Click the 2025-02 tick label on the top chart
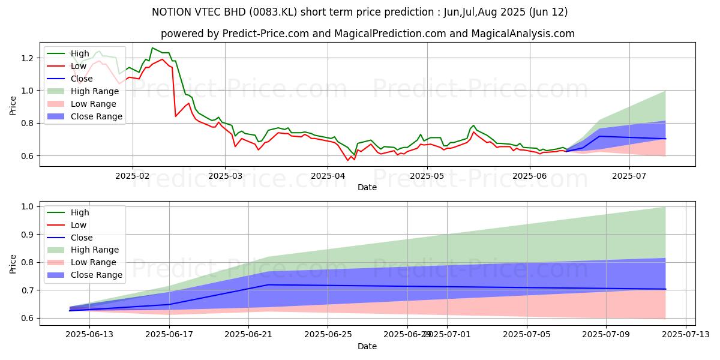click(133, 176)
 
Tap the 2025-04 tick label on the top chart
click(327, 176)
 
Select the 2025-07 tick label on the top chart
click(629, 176)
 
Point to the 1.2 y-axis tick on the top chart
click(30, 58)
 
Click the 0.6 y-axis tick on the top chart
click(30, 156)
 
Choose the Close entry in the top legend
click(82, 79)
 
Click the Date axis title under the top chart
click(367, 187)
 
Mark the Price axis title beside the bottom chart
click(13, 263)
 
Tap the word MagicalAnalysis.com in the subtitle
click(515, 34)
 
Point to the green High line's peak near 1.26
click(152, 48)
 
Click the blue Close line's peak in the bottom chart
click(268, 284)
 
